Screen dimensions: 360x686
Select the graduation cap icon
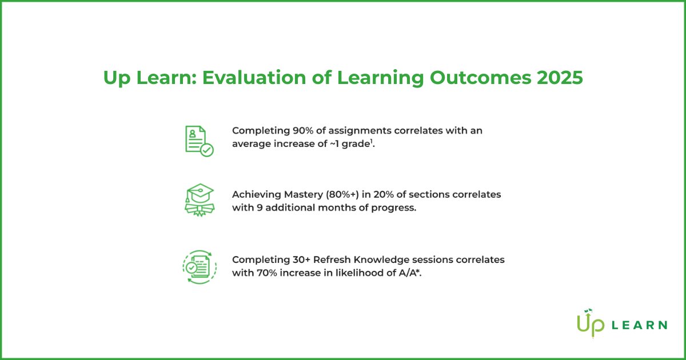pyautogui.click(x=199, y=200)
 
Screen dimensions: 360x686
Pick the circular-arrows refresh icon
pyautogui.click(x=199, y=266)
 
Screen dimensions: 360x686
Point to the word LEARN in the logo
pyautogui.click(x=639, y=325)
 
